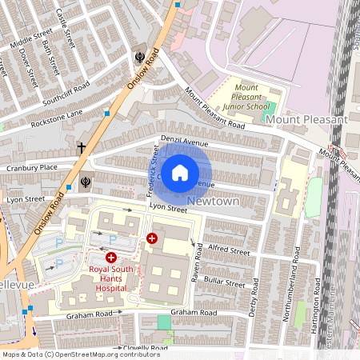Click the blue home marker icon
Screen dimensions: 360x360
(181, 172)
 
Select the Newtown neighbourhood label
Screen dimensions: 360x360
(214, 202)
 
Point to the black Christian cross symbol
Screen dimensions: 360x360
(81, 148)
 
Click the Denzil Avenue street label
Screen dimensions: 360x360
(183, 142)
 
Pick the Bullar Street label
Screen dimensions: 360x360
(225, 282)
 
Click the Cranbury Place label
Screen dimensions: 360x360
(32, 167)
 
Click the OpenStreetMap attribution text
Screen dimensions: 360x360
(81, 354)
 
